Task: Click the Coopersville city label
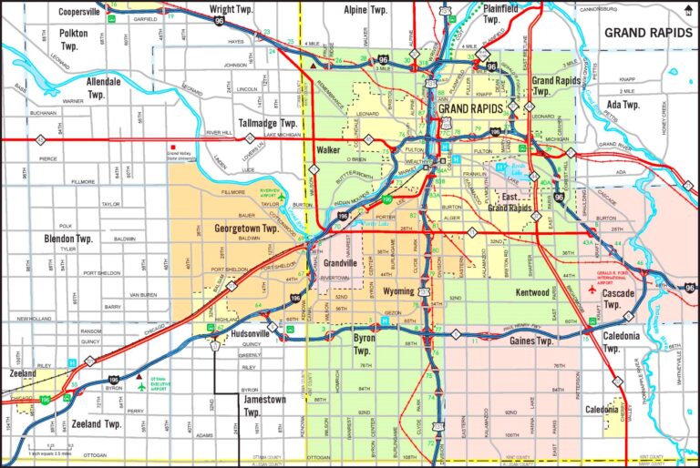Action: (78, 12)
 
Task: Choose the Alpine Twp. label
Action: (365, 9)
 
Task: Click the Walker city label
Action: (328, 149)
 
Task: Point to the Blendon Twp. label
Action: (68, 239)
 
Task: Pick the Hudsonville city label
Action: (239, 333)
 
